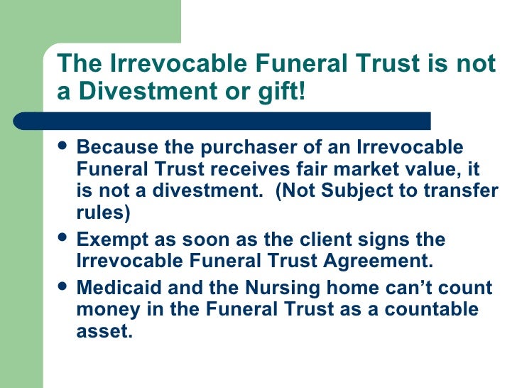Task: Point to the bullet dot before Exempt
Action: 63,239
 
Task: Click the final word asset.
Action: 104,330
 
